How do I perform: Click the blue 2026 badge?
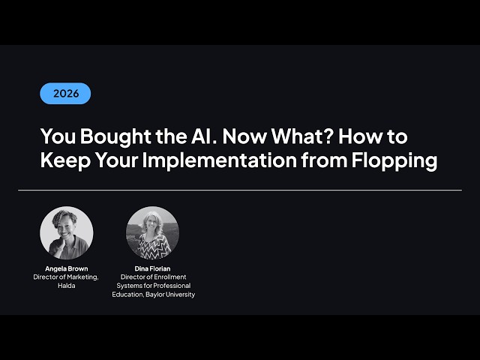coord(65,94)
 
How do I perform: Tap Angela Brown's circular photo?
coord(67,232)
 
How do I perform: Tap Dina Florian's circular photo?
coord(152,232)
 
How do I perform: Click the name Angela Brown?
coord(66,268)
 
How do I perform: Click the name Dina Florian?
coord(152,268)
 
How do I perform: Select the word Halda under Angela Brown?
coord(66,286)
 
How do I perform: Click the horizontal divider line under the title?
coord(240,190)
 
